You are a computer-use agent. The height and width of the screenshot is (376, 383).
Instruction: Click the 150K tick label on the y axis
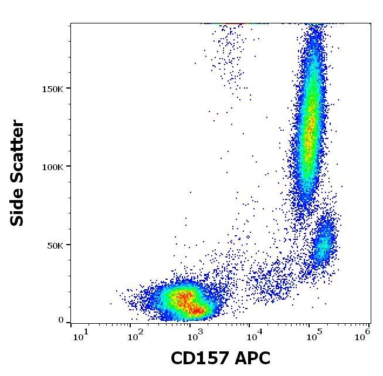(x=52, y=89)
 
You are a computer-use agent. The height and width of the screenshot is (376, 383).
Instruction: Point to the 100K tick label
(x=52, y=167)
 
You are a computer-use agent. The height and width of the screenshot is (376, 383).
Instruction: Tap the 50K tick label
(x=55, y=245)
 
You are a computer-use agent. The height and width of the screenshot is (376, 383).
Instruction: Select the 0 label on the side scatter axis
(x=61, y=321)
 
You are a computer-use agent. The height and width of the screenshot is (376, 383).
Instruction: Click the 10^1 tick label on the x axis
(x=79, y=336)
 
